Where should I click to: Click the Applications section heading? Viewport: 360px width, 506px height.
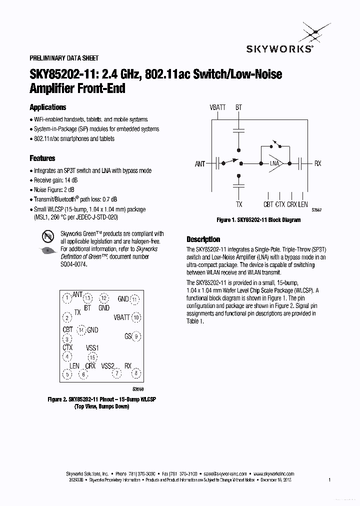click(x=47, y=107)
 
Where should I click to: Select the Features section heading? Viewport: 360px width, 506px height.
click(x=42, y=158)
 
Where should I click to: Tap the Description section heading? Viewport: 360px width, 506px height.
click(x=203, y=239)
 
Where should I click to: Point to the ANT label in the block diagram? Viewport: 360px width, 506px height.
click(x=200, y=164)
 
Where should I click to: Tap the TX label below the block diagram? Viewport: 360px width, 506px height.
click(x=239, y=204)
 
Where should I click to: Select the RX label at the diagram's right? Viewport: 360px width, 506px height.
click(x=318, y=163)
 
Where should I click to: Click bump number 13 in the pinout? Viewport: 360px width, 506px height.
click(x=88, y=298)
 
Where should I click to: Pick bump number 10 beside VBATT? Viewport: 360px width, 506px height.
click(x=136, y=317)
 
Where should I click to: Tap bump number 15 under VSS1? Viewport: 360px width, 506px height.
click(x=92, y=357)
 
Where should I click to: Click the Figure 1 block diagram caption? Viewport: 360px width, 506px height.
click(x=258, y=220)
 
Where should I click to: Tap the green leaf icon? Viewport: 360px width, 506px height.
click(x=46, y=250)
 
